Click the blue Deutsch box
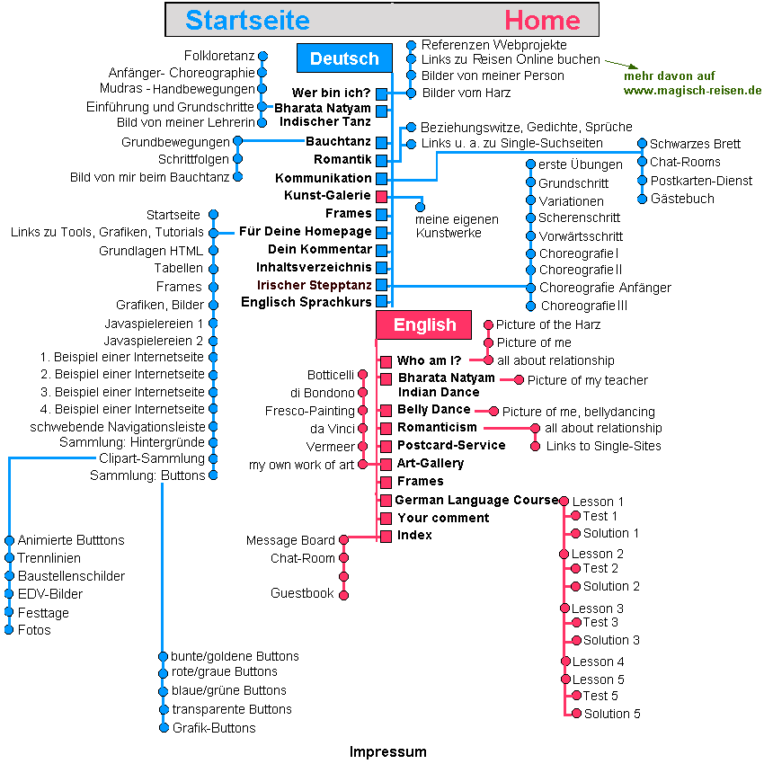344,58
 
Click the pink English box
424,324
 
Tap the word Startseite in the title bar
247,20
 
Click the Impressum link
387,751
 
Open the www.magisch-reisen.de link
692,90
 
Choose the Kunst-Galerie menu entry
327,195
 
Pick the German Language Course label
476,500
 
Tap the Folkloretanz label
220,56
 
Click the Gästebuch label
682,199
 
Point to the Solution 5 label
612,714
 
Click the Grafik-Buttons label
214,728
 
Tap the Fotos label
34,630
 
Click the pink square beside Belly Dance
386,411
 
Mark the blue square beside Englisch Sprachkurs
381,303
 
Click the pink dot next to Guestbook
343,594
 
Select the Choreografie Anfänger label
605,288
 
